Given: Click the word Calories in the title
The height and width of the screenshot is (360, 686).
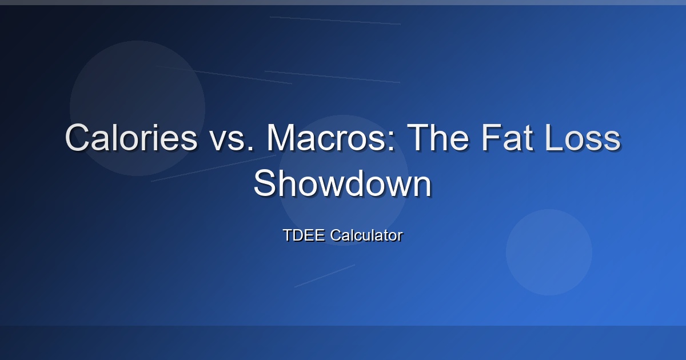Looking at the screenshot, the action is [131, 138].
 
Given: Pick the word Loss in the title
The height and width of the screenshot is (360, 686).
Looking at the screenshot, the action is [583, 138].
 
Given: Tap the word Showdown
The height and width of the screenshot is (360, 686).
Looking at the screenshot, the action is [342, 183].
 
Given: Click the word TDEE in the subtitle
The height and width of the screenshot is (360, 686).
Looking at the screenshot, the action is [304, 235].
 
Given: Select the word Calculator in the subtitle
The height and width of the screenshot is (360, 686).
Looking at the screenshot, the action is [366, 235].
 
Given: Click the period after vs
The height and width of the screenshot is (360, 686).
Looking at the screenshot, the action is [251, 149].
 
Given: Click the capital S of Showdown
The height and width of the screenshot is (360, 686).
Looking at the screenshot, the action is [266, 183].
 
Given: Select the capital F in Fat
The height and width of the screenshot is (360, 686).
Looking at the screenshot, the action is [491, 138].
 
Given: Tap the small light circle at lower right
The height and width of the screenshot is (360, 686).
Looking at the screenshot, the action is [549, 252].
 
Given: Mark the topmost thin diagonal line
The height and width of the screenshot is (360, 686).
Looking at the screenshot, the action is [335, 20].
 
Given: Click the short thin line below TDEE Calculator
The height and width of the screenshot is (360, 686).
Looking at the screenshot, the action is [325, 276].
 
